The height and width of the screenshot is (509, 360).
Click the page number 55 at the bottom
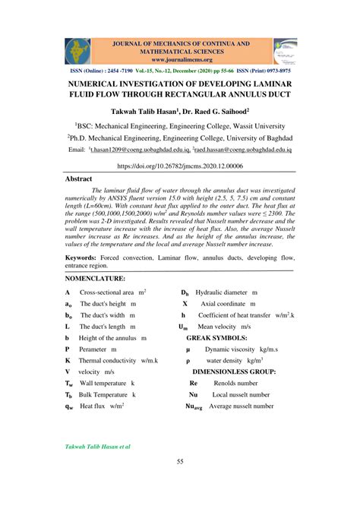tap(180, 462)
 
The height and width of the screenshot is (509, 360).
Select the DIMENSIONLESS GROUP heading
tap(233, 371)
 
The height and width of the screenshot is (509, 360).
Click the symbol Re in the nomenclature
tap(193, 384)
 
